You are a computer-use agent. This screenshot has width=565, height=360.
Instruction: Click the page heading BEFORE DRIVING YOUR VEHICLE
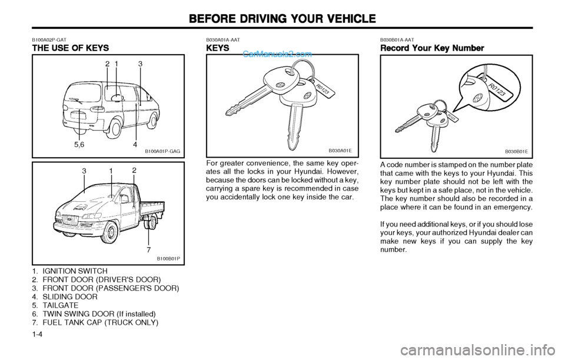[x=282, y=18]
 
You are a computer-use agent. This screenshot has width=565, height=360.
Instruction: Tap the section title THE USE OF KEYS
[x=71, y=48]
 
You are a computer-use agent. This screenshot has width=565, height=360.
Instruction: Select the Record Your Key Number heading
[x=432, y=48]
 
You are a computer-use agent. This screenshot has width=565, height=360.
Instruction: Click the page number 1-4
[x=38, y=334]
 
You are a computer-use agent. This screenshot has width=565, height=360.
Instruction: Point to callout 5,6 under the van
[x=79, y=145]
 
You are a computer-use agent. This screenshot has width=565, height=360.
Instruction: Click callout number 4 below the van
[x=135, y=145]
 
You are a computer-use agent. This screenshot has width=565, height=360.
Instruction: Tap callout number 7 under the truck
[x=149, y=249]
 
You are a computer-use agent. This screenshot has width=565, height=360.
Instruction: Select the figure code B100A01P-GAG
[x=162, y=152]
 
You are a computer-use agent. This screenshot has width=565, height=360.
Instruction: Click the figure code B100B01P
[x=168, y=258]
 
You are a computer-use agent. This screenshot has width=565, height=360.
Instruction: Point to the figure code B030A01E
[x=340, y=151]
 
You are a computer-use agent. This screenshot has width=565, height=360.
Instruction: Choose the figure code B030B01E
[x=516, y=152]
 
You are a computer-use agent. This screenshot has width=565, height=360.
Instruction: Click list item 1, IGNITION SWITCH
[x=69, y=271]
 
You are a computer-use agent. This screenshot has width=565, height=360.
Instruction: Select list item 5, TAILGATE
[x=55, y=305]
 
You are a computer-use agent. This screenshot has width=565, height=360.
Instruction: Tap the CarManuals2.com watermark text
[x=277, y=54]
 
